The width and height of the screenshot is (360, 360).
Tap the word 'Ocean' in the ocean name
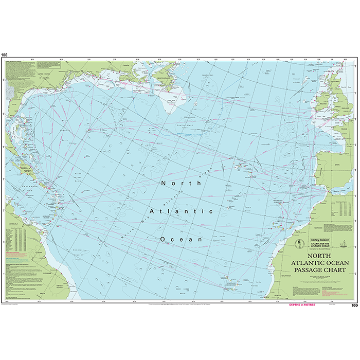181,240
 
